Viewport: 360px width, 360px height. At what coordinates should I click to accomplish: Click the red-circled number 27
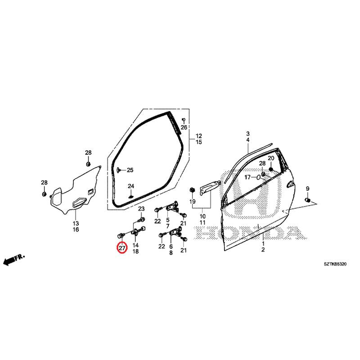122,248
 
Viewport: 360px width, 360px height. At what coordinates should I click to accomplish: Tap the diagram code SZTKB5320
335,264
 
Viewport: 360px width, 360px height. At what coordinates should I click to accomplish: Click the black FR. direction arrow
14,260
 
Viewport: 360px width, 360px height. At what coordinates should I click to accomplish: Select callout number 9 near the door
307,189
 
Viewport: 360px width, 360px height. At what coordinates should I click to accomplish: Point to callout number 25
130,170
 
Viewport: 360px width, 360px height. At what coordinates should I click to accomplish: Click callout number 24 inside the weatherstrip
131,186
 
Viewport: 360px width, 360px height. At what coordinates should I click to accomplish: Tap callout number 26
184,127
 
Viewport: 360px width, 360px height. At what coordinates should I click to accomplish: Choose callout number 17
247,177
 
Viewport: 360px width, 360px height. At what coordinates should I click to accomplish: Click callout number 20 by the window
271,158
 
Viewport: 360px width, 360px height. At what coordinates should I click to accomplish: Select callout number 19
193,201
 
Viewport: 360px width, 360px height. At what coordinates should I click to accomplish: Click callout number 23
141,209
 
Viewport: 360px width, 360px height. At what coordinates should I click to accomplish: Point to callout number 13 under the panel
76,223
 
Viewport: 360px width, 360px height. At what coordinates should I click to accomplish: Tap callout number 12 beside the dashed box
199,136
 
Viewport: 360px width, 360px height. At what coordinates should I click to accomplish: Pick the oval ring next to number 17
258,177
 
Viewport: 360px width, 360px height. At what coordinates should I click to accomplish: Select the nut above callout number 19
192,189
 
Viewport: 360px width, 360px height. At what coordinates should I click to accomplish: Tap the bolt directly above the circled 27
121,235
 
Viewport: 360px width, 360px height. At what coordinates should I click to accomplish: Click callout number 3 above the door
248,134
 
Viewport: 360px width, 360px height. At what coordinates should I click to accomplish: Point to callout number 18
136,252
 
